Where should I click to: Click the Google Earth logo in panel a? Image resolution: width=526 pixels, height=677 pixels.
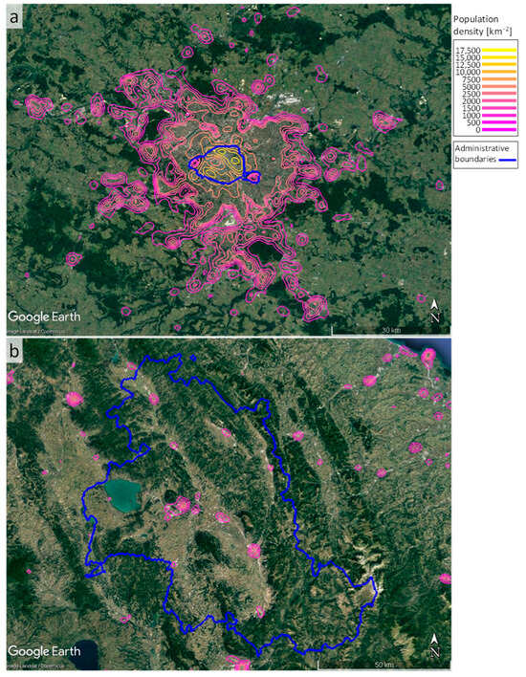(45, 316)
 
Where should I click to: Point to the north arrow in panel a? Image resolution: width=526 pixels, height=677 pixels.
(434, 308)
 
